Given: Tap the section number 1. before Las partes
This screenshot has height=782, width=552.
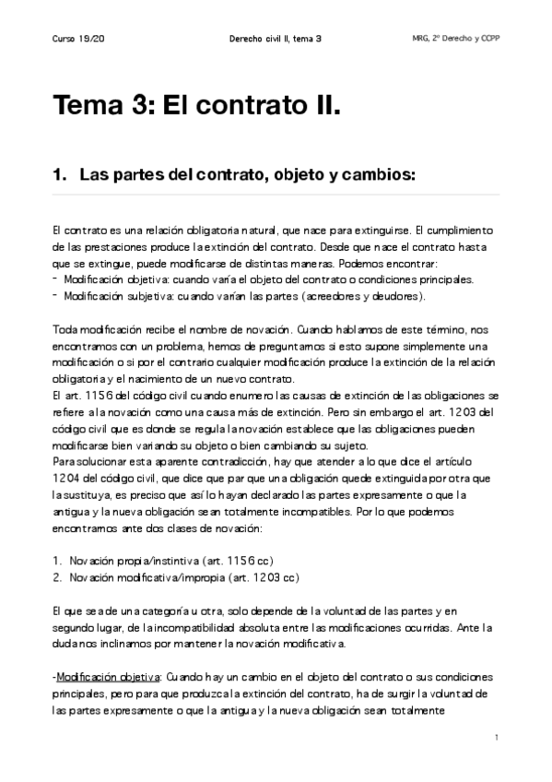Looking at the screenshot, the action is point(61,173).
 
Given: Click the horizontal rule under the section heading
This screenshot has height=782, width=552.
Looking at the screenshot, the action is point(276,195).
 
